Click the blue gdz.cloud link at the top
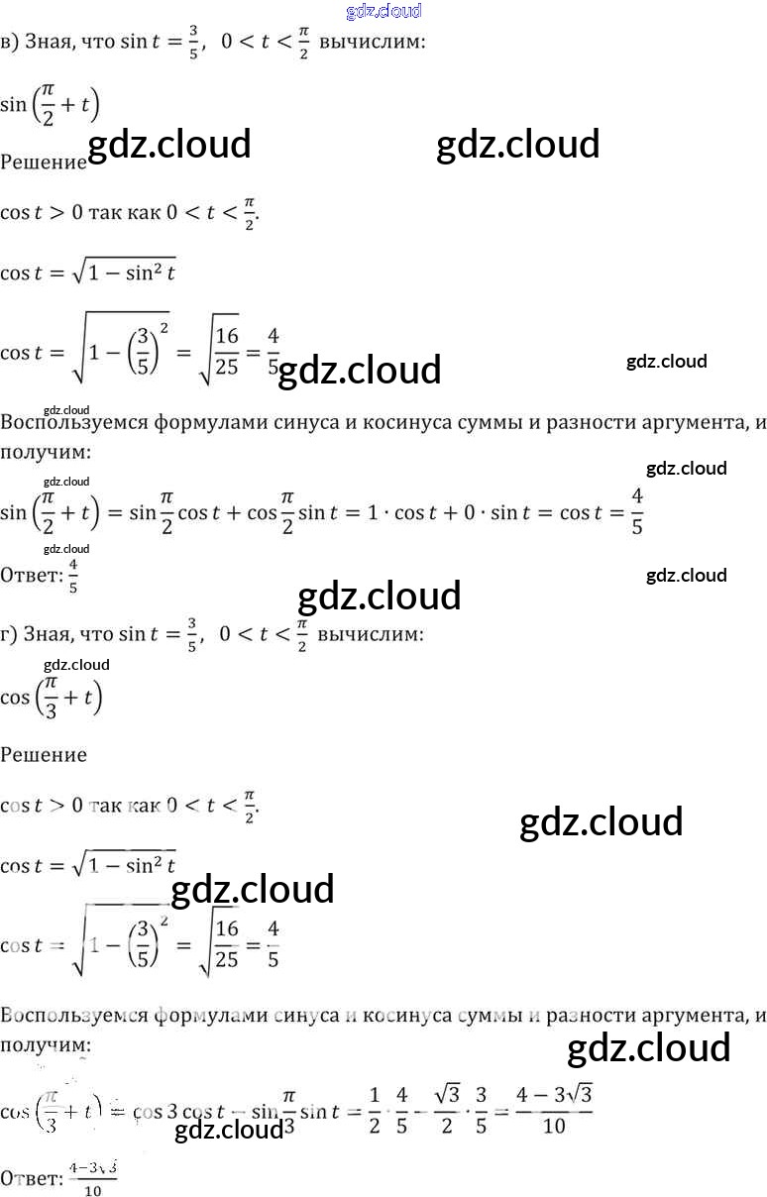[x=384, y=12]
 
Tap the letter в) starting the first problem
[x=9, y=43]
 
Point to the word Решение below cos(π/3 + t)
[x=44, y=755]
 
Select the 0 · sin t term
[x=491, y=512]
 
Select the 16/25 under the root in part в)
[x=227, y=352]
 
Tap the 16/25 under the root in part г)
[x=227, y=944]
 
